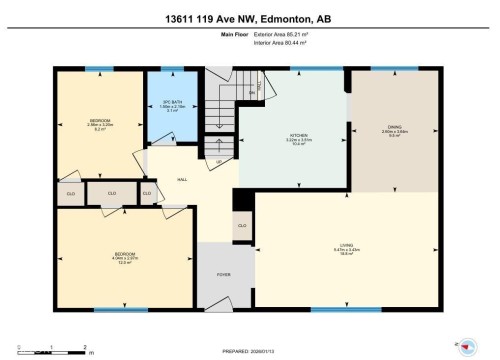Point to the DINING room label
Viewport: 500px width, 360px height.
coord(394,129)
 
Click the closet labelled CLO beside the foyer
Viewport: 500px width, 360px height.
coord(243,226)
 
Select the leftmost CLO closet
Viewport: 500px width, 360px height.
coord(70,192)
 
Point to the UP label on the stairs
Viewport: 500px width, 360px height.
coord(219,160)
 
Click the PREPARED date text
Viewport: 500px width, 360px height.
coord(250,353)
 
